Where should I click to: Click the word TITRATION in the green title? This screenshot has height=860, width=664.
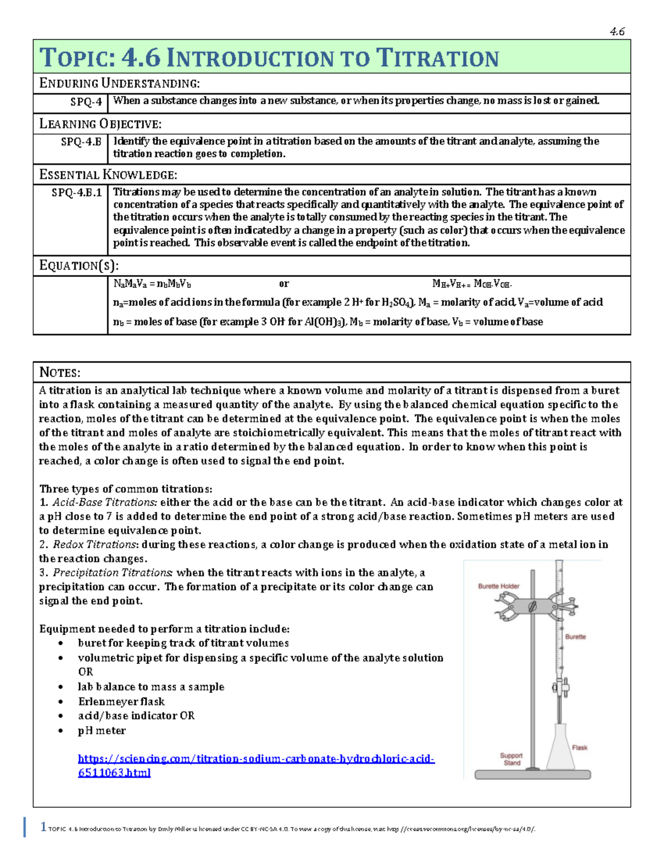[437, 58]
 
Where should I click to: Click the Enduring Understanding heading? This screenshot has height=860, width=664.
[119, 84]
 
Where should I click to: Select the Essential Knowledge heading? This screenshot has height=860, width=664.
[108, 175]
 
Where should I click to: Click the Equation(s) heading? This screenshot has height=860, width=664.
[79, 266]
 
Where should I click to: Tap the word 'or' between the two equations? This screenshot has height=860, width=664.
[284, 284]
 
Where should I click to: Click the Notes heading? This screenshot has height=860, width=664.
[60, 372]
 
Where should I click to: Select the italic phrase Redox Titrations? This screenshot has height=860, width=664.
[94, 545]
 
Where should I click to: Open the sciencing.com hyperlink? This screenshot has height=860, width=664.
[256, 759]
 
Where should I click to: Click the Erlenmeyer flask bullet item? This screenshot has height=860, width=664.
[121, 702]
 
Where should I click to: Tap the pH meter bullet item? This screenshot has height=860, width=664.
[102, 731]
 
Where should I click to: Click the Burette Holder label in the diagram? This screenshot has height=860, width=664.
[499, 586]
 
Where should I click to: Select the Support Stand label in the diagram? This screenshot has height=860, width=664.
[511, 759]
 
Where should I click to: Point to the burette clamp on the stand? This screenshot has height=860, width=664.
[532, 606]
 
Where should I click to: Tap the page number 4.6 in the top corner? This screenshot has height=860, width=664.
[617, 32]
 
